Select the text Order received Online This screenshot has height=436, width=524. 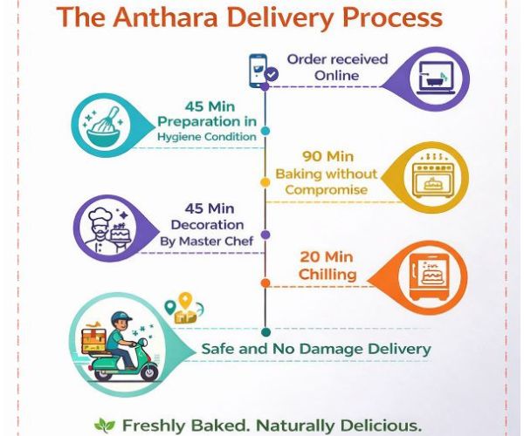[324, 67]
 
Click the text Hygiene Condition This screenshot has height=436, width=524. [207, 137]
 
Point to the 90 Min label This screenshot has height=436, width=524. [327, 157]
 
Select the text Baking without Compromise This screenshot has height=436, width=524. [327, 181]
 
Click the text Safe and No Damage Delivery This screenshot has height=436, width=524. [316, 349]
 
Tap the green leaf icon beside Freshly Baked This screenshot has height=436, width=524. [105, 426]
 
